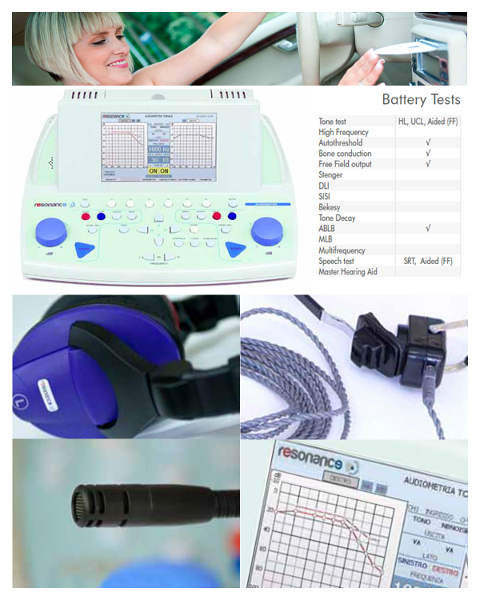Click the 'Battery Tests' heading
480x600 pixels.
tap(421, 100)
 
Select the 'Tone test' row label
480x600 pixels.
tap(333, 122)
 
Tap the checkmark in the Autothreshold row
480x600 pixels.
tap(429, 142)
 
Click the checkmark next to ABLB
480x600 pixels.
tap(429, 229)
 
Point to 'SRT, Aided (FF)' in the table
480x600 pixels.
tap(428, 261)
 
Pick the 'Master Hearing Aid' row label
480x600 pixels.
tap(349, 272)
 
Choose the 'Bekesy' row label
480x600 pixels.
tap(330, 207)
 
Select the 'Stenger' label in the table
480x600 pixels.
tap(331, 175)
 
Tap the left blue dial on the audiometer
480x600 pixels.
tap(50, 231)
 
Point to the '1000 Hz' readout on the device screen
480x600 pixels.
tap(158, 149)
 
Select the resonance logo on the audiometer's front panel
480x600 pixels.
tap(54, 205)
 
